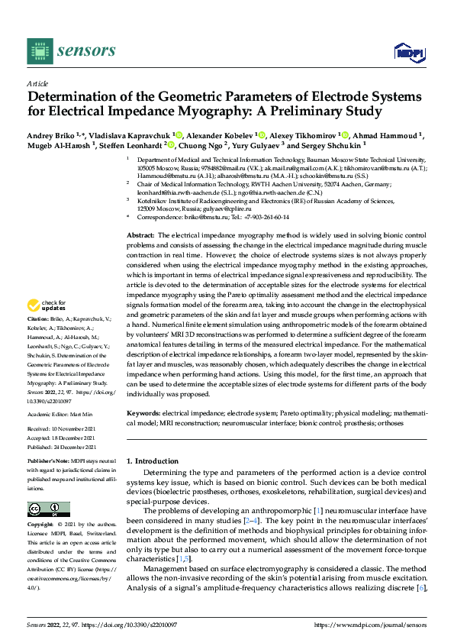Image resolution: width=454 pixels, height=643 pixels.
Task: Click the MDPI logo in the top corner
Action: point(408,52)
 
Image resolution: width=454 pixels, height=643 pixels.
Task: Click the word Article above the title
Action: point(37,82)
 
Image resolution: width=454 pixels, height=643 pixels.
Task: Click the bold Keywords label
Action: point(144,413)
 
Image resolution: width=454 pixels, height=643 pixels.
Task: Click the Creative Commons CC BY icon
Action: point(49,509)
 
